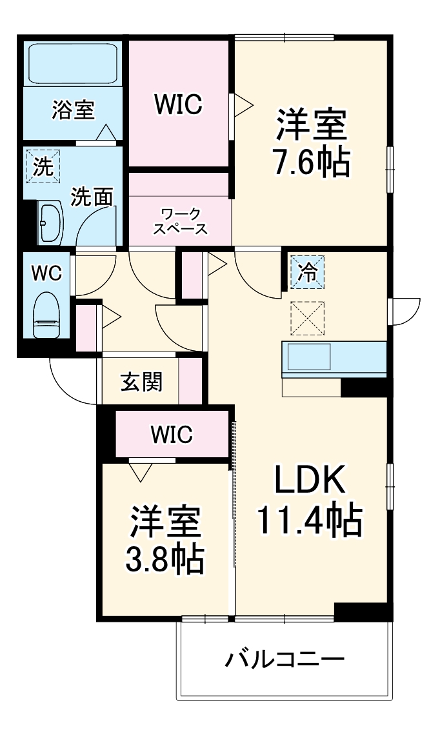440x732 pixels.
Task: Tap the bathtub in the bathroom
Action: point(71,64)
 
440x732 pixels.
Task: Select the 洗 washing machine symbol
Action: point(42,167)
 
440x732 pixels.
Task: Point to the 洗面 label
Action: point(92,197)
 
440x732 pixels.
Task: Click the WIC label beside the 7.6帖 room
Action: point(178,104)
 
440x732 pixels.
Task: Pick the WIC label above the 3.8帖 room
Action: point(172,435)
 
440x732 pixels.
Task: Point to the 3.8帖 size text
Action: point(165,559)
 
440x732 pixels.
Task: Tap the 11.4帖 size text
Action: point(310,521)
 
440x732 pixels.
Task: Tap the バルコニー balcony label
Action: point(285,660)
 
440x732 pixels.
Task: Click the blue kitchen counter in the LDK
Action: point(334,359)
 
